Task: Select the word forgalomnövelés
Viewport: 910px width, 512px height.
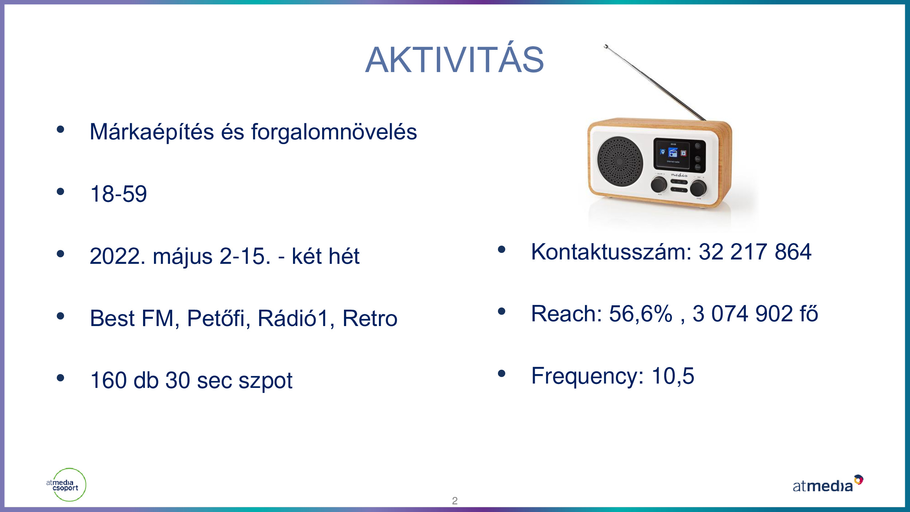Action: pyautogui.click(x=334, y=132)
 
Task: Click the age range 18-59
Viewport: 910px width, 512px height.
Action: pyautogui.click(x=119, y=194)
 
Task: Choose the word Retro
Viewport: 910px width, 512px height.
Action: pyautogui.click(x=370, y=318)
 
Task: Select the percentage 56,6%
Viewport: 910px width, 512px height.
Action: pyautogui.click(x=641, y=314)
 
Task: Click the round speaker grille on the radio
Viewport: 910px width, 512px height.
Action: pyautogui.click(x=620, y=162)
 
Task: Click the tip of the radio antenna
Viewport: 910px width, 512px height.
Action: pyautogui.click(x=606, y=46)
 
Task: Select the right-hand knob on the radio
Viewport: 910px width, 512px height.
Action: pyautogui.click(x=699, y=188)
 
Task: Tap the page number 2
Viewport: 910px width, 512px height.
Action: pyautogui.click(x=455, y=501)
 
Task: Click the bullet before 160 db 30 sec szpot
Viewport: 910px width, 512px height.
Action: pyautogui.click(x=60, y=378)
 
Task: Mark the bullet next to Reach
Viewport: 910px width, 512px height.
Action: pyautogui.click(x=502, y=311)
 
